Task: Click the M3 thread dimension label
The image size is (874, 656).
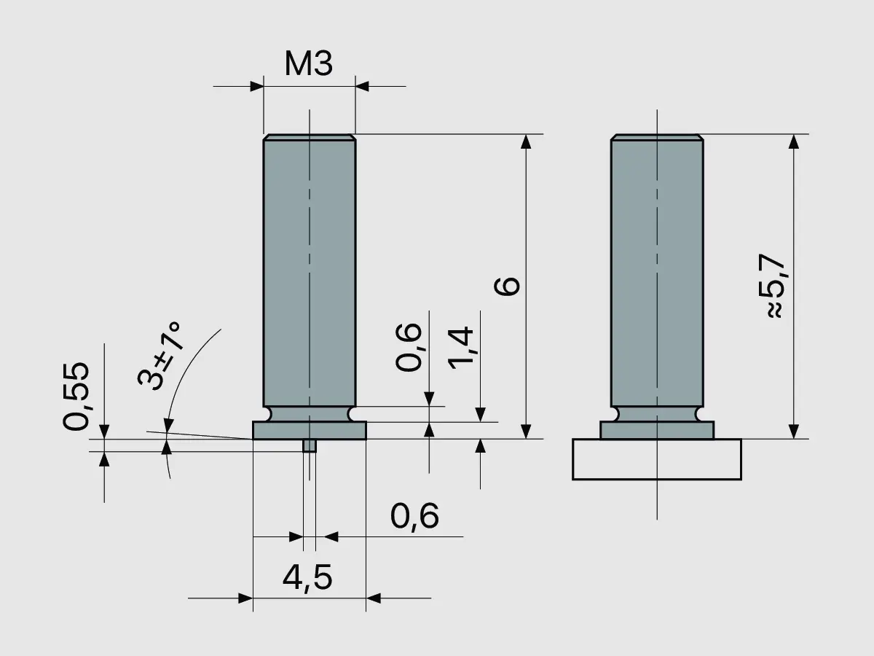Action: [x=308, y=65]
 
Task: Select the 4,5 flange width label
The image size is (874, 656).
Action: [x=307, y=578]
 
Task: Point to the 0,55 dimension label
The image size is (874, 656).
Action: [x=76, y=395]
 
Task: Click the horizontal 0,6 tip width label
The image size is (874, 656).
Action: [x=414, y=517]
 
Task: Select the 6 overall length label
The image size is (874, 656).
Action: [x=508, y=285]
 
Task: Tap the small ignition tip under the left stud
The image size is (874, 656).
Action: [x=310, y=445]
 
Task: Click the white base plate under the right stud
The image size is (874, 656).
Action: [x=656, y=459]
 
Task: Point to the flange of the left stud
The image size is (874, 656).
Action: [x=309, y=430]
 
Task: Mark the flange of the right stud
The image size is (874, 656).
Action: [x=656, y=430]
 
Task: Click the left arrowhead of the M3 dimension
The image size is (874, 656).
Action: [x=256, y=86]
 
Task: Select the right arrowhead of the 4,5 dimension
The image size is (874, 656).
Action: [x=373, y=598]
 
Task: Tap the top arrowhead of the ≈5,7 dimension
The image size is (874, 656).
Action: [x=794, y=141]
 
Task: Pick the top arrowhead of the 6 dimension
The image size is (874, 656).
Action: [x=525, y=141]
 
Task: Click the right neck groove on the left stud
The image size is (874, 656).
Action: [x=353, y=414]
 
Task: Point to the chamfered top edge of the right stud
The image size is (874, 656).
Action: [x=656, y=137]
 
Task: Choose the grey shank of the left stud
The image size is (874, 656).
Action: [x=309, y=270]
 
